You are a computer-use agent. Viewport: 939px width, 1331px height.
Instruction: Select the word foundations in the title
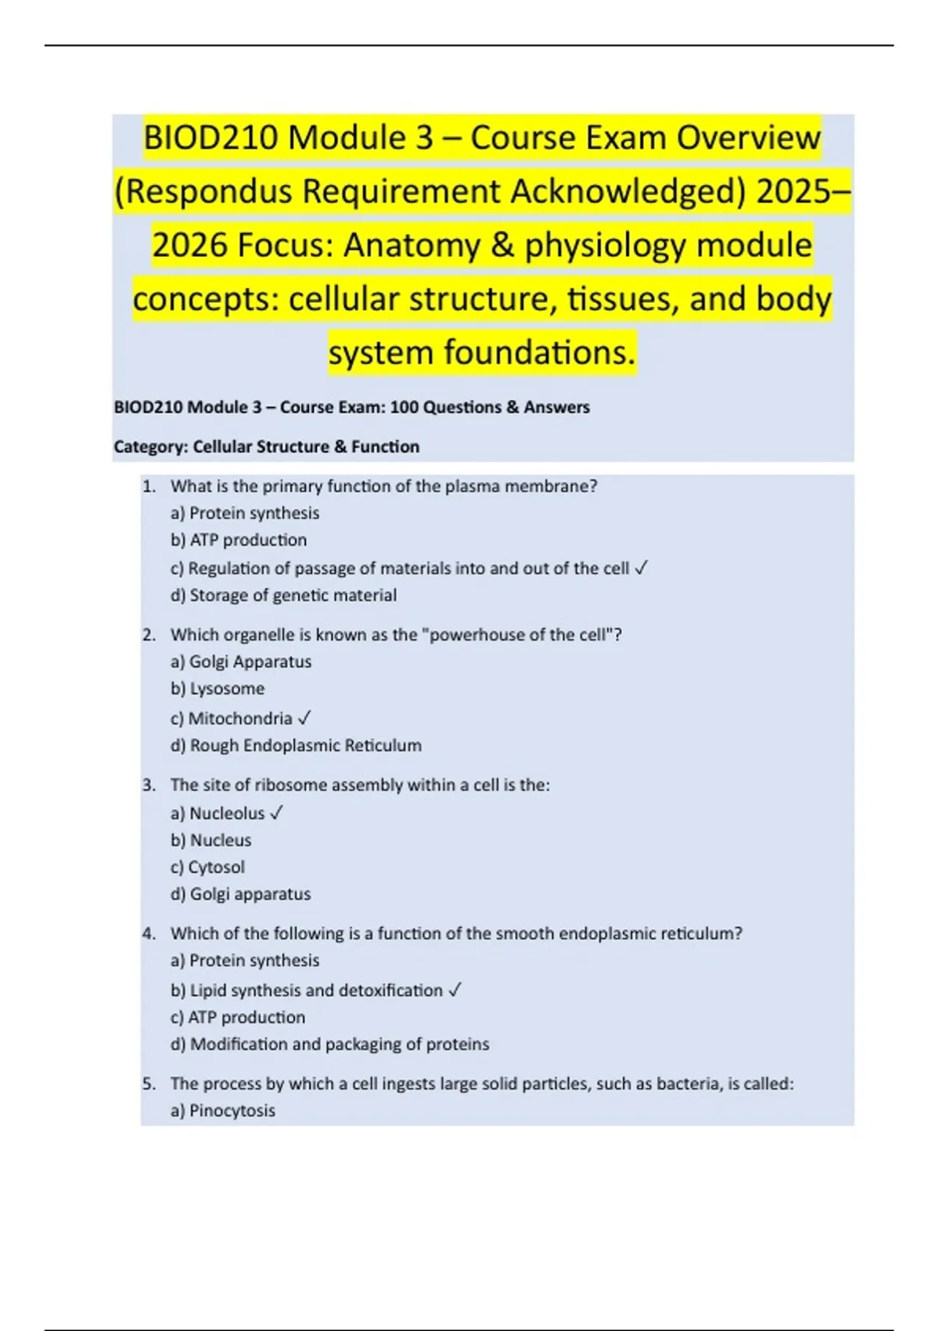point(539,353)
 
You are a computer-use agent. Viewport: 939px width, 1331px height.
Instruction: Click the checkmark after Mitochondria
point(305,718)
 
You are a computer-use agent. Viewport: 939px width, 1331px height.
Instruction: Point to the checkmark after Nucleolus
point(275,813)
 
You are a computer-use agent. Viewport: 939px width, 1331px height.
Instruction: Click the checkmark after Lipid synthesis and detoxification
point(455,990)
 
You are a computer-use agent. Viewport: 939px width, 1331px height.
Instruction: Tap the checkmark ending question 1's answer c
point(641,568)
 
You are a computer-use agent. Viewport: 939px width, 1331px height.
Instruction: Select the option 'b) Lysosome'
point(218,689)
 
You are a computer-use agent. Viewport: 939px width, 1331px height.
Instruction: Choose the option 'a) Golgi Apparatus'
point(241,662)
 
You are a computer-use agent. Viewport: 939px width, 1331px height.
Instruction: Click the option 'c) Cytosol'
point(207,867)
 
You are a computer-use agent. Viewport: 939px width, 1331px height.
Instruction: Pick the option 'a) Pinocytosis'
point(223,1111)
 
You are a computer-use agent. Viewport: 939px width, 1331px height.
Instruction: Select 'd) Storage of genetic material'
point(283,596)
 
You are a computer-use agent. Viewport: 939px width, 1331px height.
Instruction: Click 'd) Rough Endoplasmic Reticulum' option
point(296,745)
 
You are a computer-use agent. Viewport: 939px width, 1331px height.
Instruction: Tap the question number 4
point(149,933)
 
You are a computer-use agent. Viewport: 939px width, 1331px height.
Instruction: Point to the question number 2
point(149,635)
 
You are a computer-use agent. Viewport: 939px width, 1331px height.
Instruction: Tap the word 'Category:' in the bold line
point(151,447)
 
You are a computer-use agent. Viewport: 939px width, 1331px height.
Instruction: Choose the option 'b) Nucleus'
point(211,841)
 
